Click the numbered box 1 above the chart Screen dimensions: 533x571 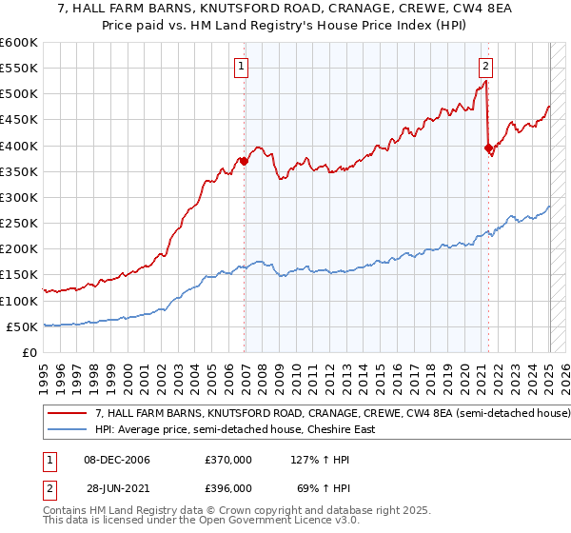[243, 67]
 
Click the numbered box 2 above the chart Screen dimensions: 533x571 [485, 67]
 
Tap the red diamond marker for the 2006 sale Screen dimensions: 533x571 [244, 162]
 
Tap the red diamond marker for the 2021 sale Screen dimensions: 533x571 [488, 148]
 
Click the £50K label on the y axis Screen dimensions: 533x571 [23, 326]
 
